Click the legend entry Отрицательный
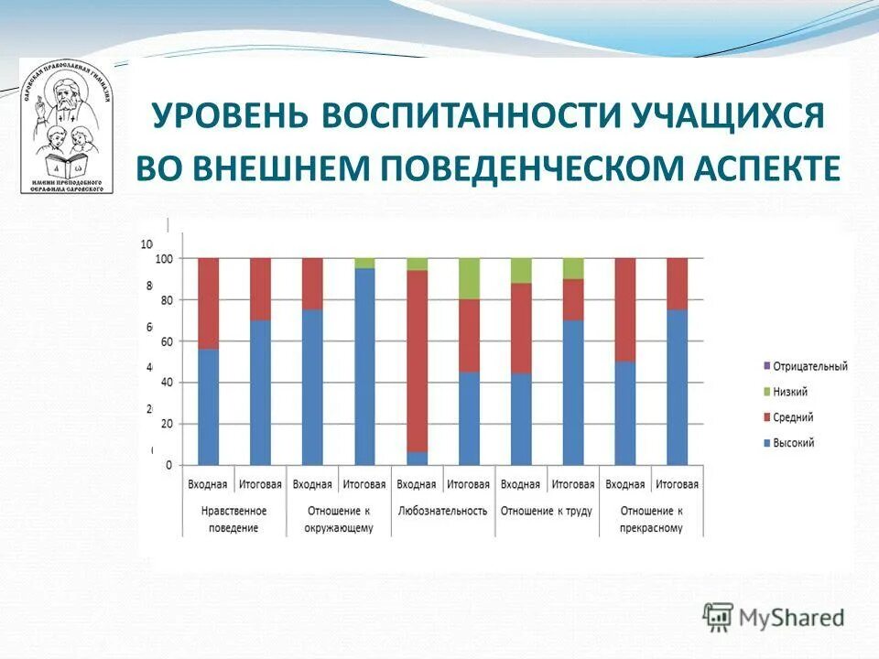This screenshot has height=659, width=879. [809, 366]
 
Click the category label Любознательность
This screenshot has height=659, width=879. [443, 511]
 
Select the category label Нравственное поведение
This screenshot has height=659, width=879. [234, 519]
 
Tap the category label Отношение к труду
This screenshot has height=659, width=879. [547, 511]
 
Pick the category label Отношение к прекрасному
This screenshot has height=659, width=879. [651, 519]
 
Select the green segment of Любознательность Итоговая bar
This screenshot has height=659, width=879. [469, 278]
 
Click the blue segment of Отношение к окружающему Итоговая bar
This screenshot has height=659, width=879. [364, 366]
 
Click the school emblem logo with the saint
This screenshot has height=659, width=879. [67, 126]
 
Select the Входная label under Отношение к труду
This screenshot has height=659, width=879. [521, 484]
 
